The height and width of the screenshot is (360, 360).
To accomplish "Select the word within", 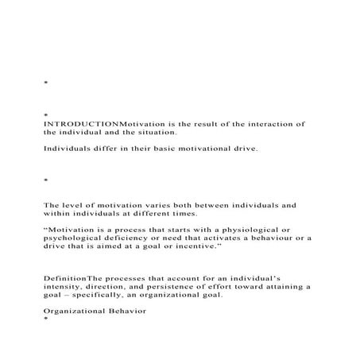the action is click(x=58, y=215).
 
